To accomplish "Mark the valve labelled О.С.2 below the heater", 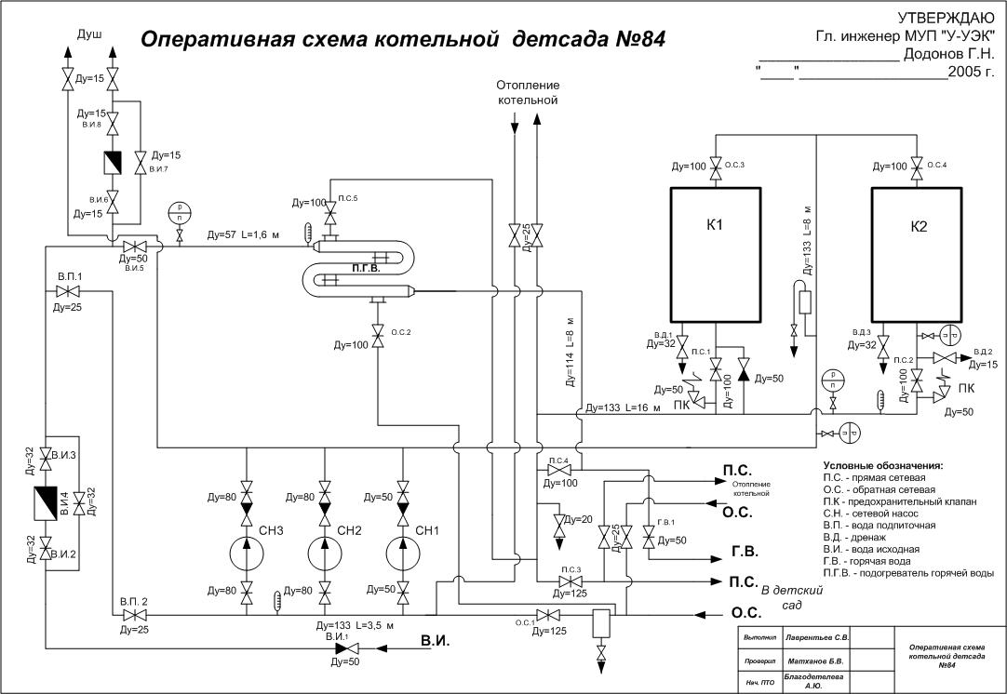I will pyautogui.click(x=378, y=333).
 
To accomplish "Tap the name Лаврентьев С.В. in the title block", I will pyautogui.click(x=817, y=638).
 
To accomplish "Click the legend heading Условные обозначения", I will pyautogui.click(x=882, y=465).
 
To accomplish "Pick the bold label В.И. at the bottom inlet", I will pyautogui.click(x=436, y=641).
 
